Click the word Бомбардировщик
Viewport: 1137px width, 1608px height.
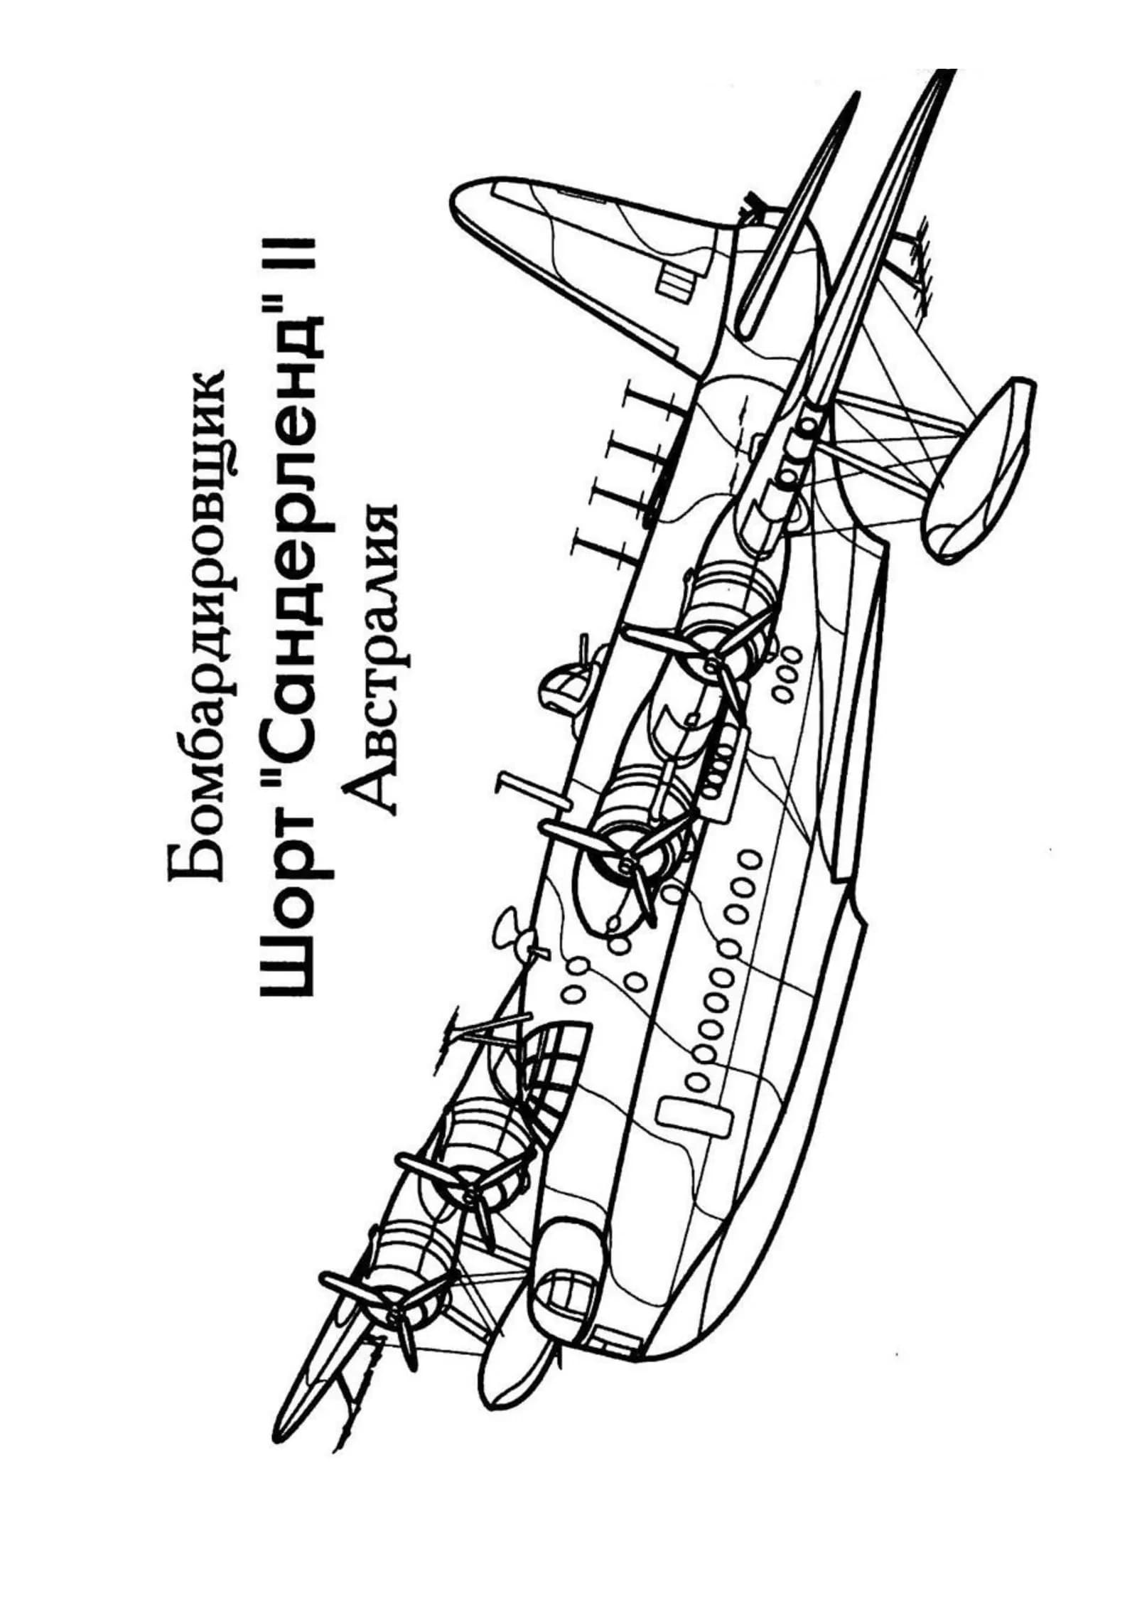click(x=198, y=625)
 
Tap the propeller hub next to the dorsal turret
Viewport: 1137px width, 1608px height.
click(x=711, y=665)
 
